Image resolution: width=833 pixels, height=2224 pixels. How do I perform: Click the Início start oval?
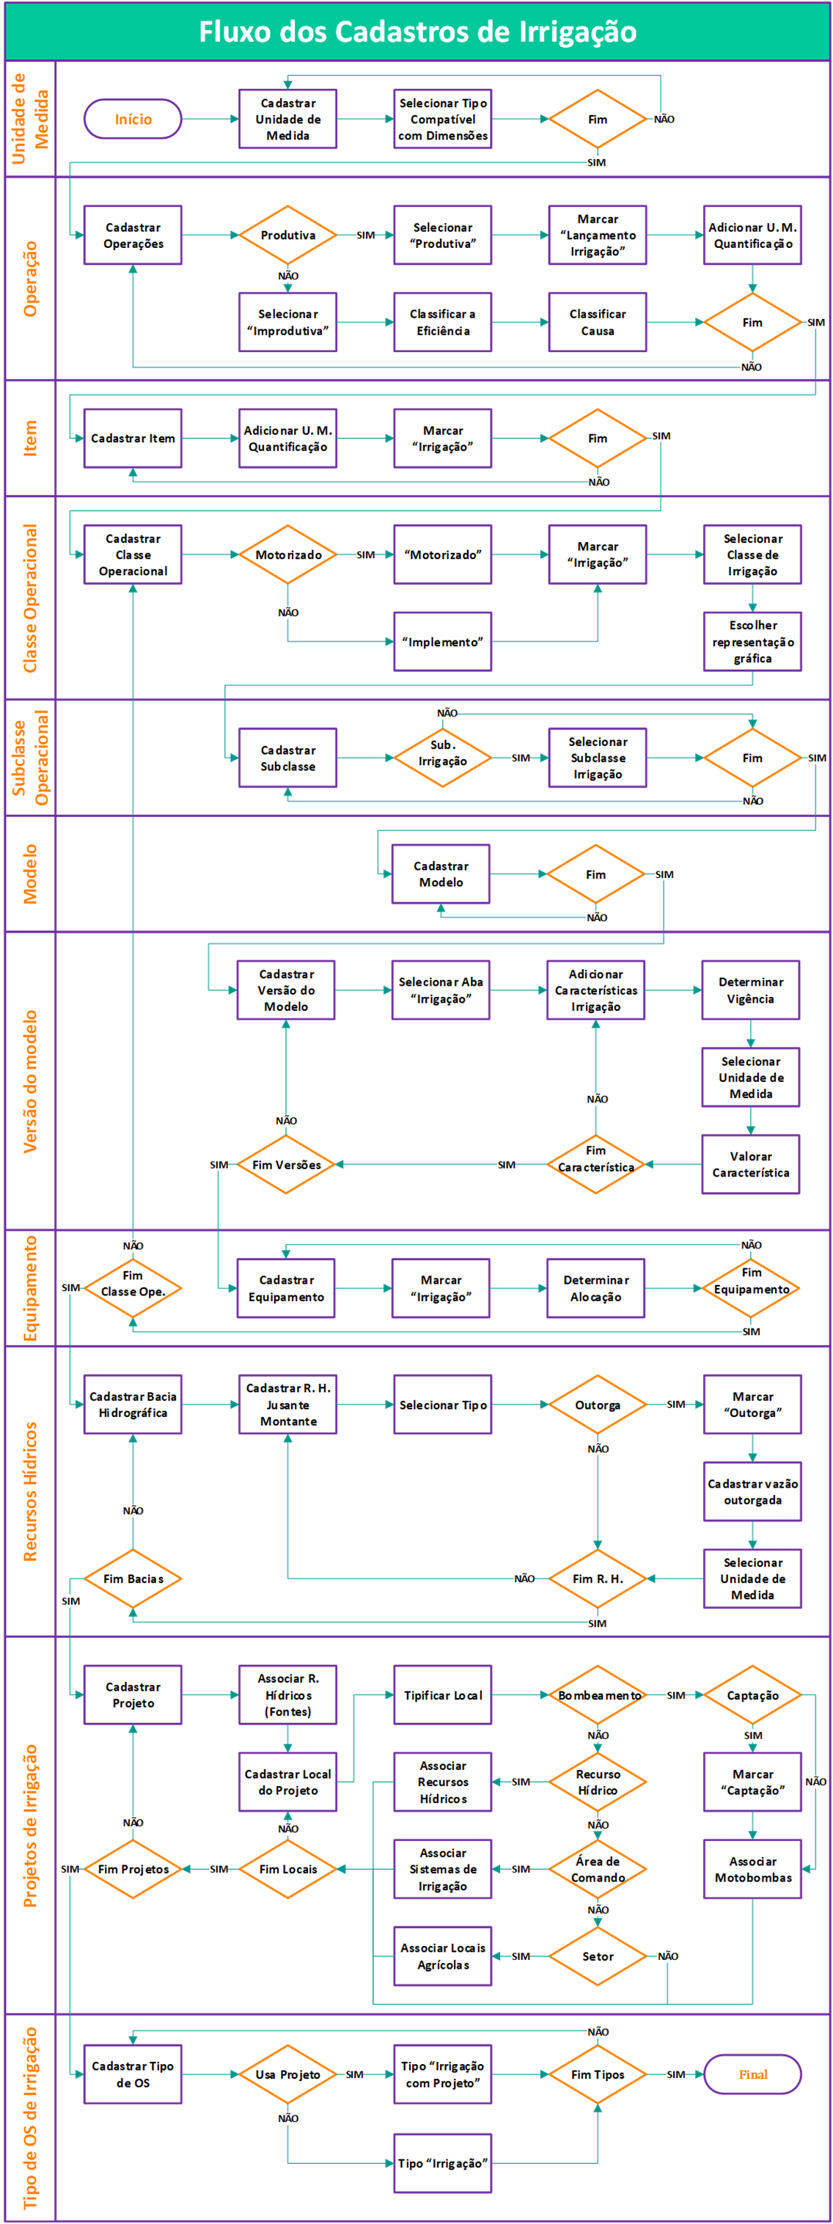coord(132,119)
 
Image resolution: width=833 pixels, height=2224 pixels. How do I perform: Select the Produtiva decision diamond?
coord(287,235)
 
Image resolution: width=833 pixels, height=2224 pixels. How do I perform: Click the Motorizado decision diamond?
coord(287,555)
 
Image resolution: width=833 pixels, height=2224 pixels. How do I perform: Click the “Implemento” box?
coord(442,642)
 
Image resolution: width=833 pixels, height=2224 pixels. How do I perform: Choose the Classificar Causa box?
coord(598,322)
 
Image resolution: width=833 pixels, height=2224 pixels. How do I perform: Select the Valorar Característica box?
coord(750,1164)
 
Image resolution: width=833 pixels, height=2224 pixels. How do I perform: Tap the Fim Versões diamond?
coord(286,1164)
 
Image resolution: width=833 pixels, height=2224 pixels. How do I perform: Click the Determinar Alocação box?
coord(595,1287)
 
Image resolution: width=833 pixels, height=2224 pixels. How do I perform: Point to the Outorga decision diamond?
coord(598,1405)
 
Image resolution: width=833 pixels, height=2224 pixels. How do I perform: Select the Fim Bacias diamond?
coord(132,1579)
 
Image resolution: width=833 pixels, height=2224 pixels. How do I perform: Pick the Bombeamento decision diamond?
coord(598,1694)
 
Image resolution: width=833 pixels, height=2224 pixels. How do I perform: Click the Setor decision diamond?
coord(598,1956)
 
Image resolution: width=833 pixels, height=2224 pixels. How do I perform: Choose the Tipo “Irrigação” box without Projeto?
coord(442,2162)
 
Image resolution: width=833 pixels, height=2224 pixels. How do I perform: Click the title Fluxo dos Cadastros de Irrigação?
coord(417,32)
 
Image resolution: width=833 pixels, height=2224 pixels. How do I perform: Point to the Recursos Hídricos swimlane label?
coord(30,1491)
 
